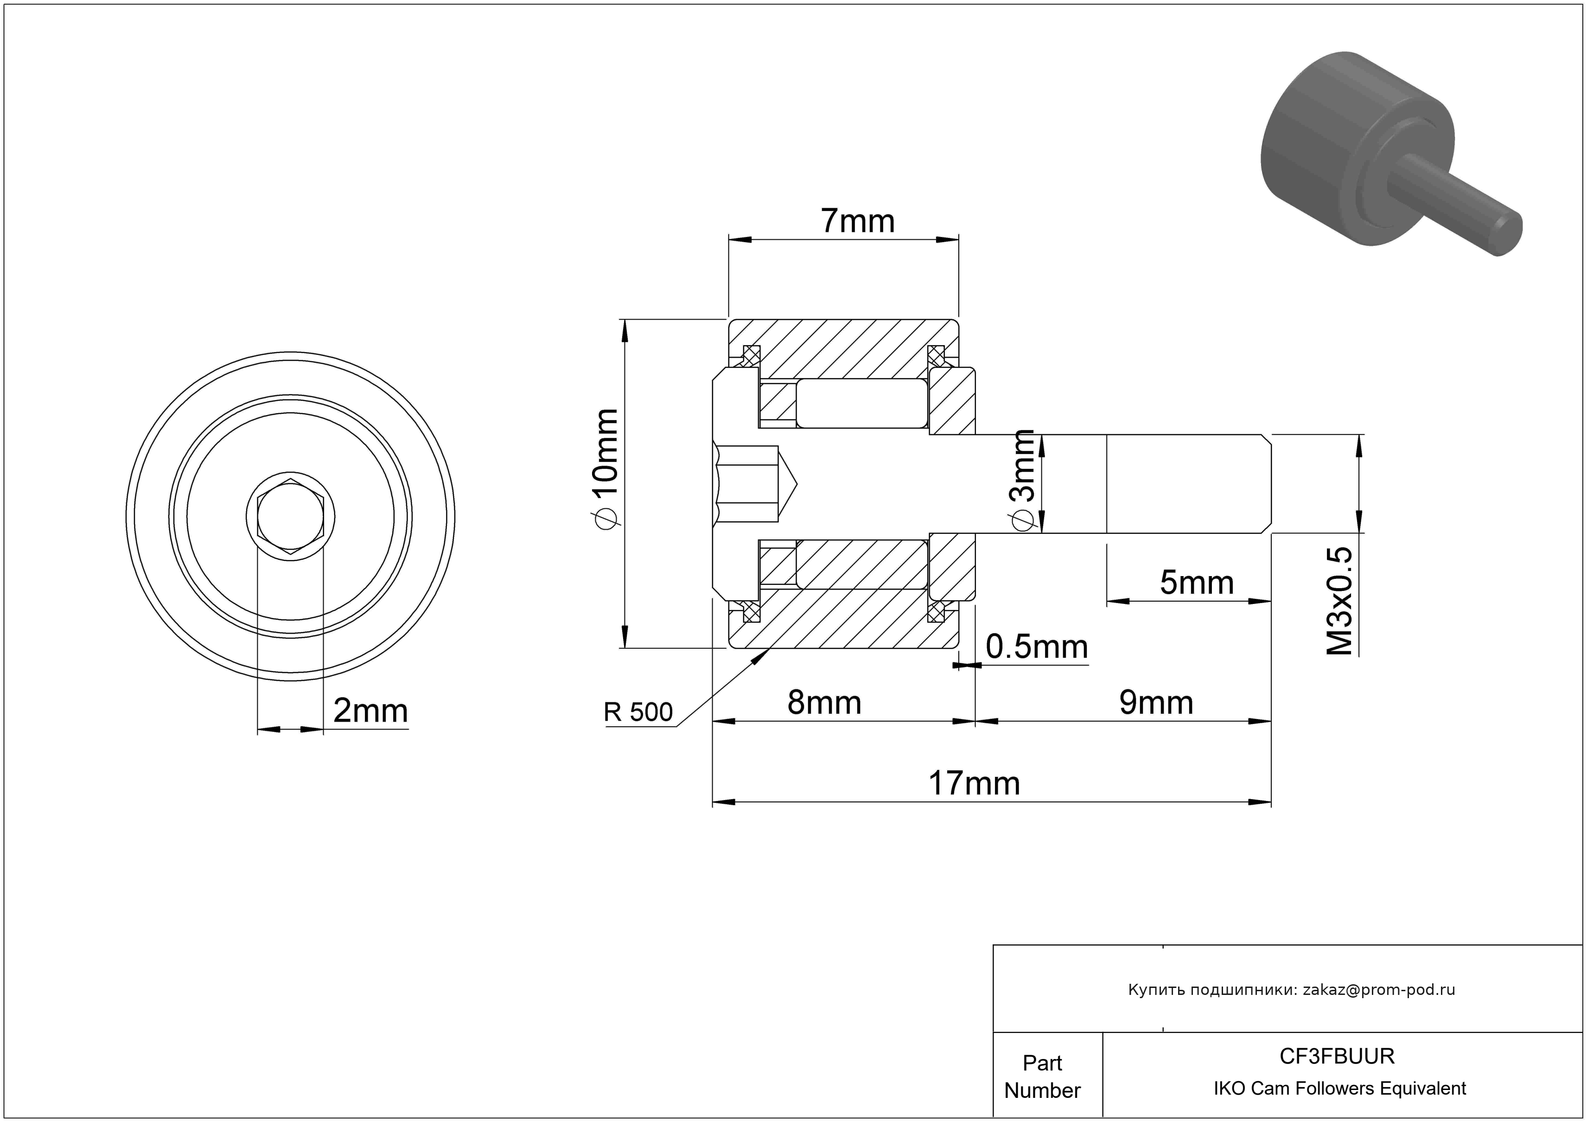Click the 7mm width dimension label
tap(857, 221)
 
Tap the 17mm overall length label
tap(974, 784)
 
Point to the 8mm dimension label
tap(825, 703)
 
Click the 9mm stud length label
tap(1156, 703)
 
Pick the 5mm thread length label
tap(1197, 583)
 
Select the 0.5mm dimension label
tap(1037, 647)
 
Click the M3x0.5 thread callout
tap(1339, 601)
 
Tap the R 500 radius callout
tap(638, 712)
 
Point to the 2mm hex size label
tap(370, 711)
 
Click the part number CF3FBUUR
tap(1337, 1056)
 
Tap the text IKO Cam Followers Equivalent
tap(1339, 1088)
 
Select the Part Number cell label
tap(1042, 1077)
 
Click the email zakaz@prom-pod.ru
tap(1378, 990)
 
